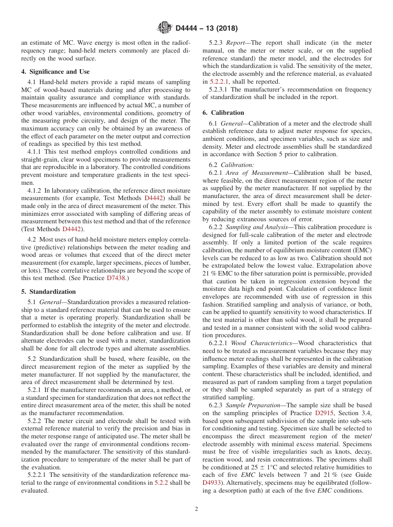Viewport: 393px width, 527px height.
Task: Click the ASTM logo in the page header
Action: point(165,28)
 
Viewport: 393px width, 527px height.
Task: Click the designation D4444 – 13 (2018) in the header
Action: point(206,29)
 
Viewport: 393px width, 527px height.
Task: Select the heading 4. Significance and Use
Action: point(55,72)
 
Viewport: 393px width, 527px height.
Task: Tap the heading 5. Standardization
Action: point(48,292)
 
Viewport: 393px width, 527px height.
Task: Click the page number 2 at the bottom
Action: point(196,509)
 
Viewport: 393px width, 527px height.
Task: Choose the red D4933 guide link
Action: point(211,483)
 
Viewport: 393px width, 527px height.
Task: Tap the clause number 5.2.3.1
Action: point(219,89)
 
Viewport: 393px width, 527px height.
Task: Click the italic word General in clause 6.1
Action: point(232,123)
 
